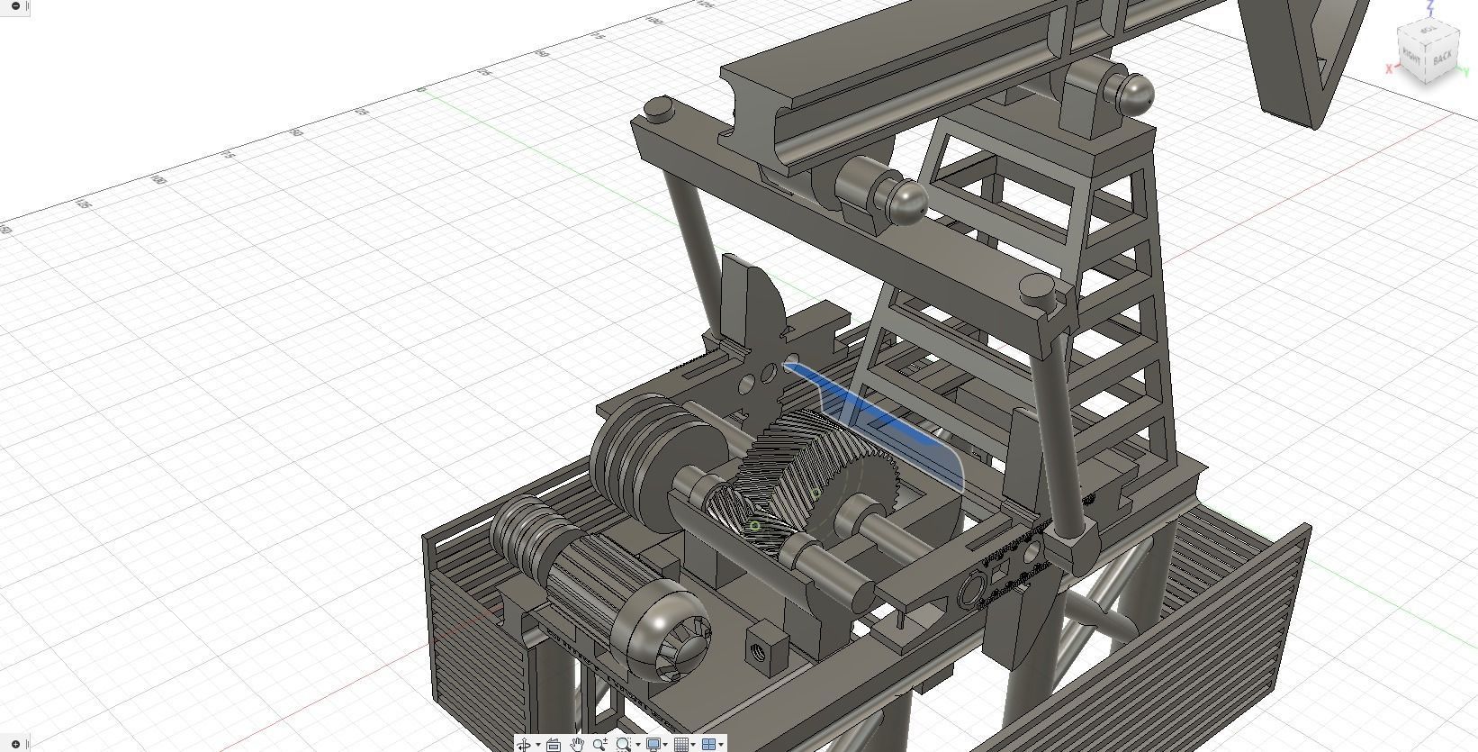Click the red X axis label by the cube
tap(1390, 68)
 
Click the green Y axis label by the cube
tap(1465, 72)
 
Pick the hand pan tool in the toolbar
tap(577, 744)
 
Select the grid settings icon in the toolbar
tap(681, 744)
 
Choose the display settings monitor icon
tap(653, 744)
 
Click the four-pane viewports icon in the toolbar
tap(708, 744)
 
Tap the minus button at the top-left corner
tap(15, 6)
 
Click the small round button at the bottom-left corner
tap(15, 744)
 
